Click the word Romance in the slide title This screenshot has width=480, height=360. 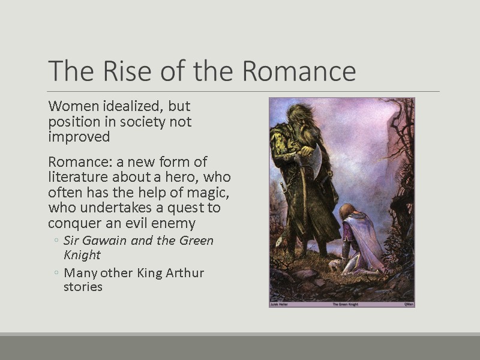[299, 71]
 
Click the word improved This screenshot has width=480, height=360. [79, 137]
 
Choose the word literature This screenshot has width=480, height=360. [77, 177]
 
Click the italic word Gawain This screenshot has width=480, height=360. [103, 241]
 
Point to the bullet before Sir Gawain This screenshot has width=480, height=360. [56, 241]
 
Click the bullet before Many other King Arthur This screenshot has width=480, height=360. [56, 274]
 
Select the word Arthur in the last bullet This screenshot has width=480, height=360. [182, 273]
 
